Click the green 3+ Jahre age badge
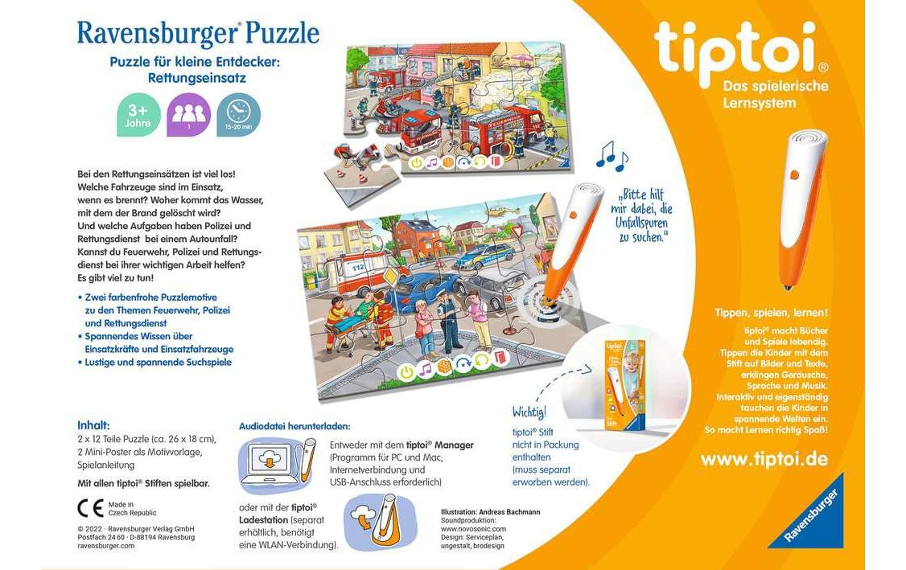point(138,115)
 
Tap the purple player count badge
point(188,115)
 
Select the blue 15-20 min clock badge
point(238,115)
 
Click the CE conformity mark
point(90,508)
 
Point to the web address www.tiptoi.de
point(764,459)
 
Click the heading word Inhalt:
point(93,424)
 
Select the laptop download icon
point(269,462)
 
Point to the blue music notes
point(612,154)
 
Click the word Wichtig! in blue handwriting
point(529,412)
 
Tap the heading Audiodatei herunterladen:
point(294,425)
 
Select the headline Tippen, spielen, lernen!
point(771,312)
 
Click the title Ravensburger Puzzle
point(198,34)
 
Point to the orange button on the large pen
point(793,174)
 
